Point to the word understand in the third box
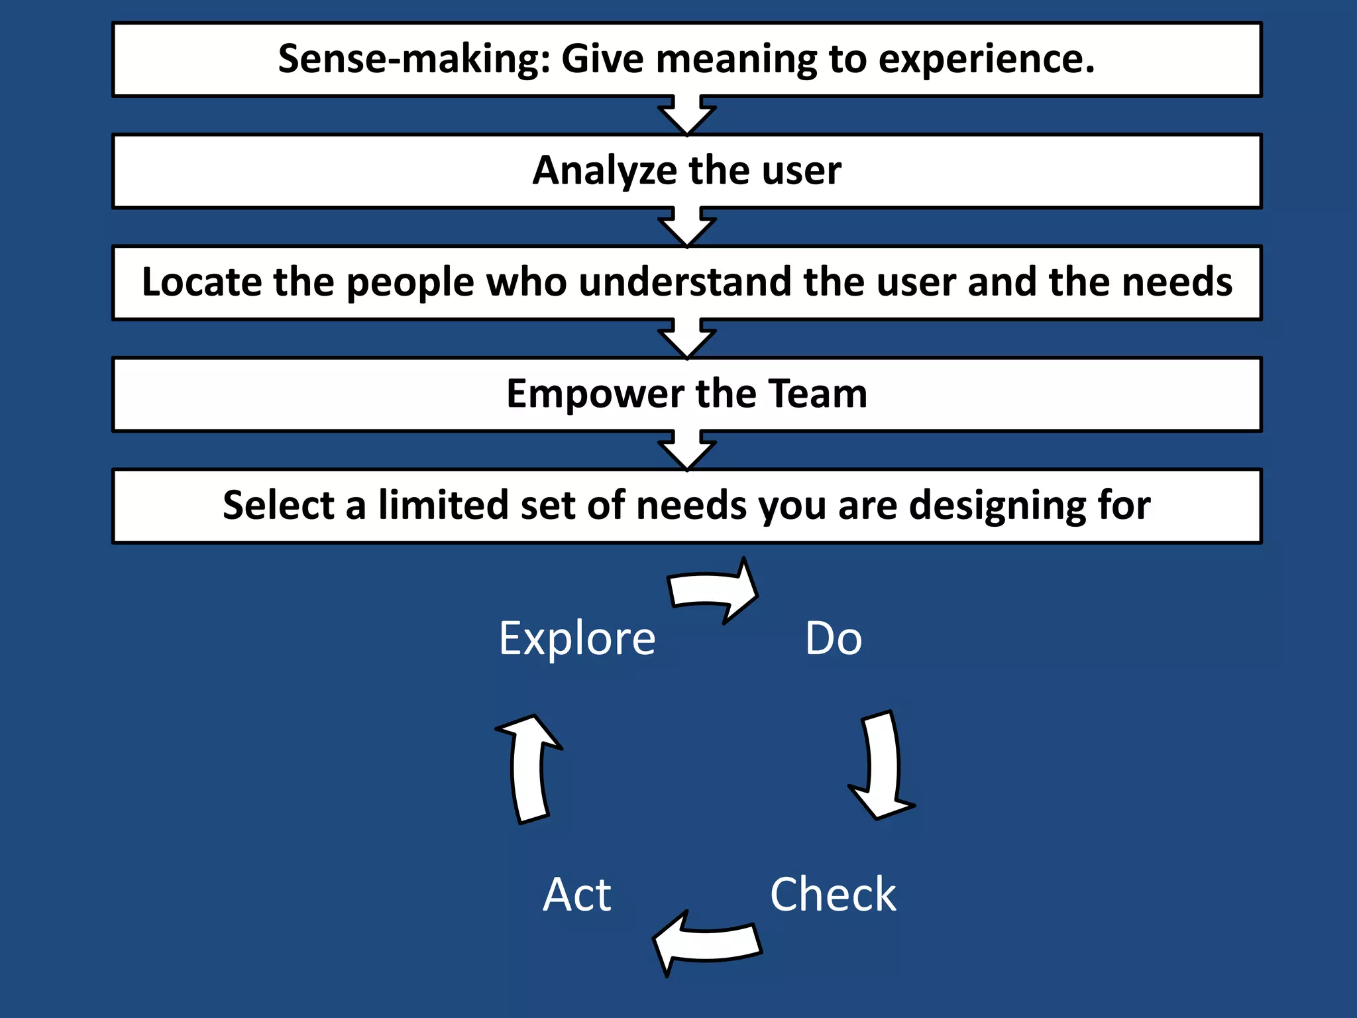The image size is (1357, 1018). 685,282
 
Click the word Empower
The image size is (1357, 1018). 594,394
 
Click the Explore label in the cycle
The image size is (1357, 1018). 577,638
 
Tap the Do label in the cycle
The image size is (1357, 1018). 834,638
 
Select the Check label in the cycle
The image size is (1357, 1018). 833,895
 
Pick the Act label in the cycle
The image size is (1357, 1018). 577,895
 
